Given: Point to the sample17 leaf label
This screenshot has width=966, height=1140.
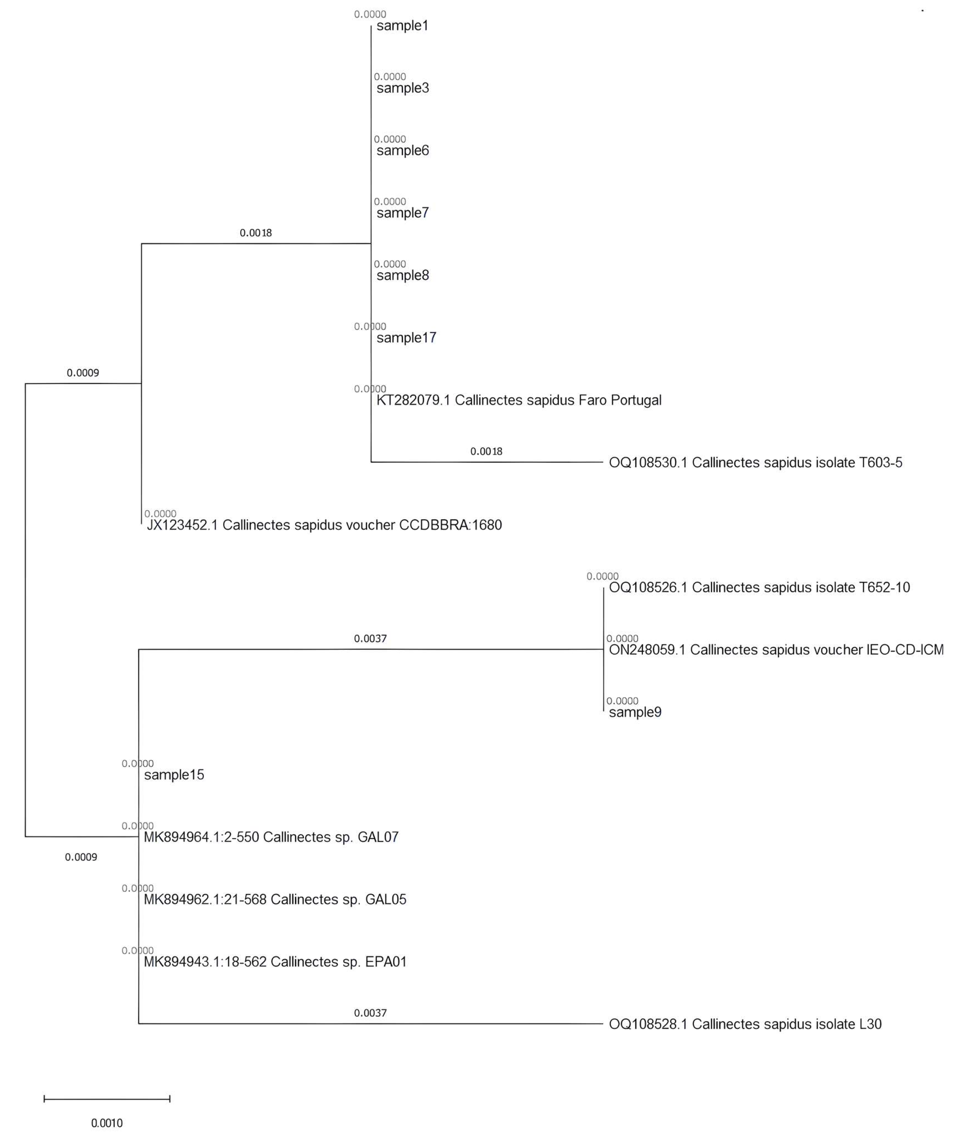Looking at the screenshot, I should click(x=406, y=338).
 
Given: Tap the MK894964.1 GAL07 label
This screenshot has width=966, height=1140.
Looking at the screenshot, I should click(x=271, y=837).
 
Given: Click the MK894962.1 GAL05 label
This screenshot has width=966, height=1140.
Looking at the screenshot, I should click(x=275, y=900).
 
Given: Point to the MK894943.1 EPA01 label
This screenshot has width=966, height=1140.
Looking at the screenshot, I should click(x=275, y=963).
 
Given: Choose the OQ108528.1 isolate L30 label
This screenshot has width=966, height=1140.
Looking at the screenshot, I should click(x=745, y=1025).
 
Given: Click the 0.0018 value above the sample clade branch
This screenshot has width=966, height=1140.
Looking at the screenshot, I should click(x=256, y=233).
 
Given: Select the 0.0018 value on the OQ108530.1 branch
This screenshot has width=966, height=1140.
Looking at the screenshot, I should click(x=486, y=452).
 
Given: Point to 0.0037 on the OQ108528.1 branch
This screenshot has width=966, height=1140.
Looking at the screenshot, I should click(x=370, y=1013).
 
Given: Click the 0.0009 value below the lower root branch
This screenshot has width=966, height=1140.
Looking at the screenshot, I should click(x=81, y=857).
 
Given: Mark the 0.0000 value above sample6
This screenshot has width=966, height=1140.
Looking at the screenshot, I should click(x=390, y=139).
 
